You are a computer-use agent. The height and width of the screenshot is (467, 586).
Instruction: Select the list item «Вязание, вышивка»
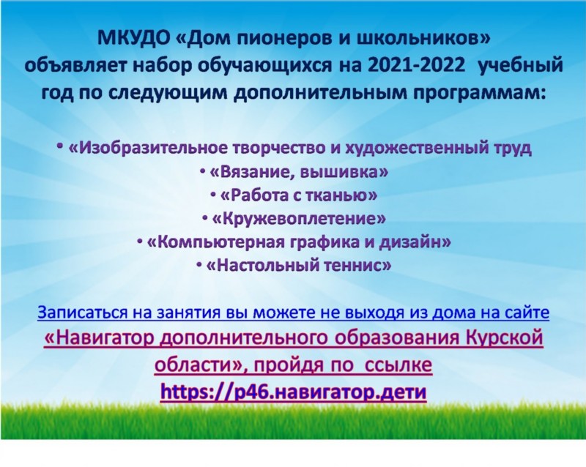pos(299,172)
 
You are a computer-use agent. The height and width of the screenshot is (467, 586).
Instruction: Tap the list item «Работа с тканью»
pos(299,195)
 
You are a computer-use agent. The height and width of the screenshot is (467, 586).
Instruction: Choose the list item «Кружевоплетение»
pos(299,219)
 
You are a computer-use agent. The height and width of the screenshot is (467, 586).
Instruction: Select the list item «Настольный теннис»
pos(299,266)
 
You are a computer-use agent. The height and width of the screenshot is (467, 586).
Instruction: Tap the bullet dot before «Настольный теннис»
pos(199,264)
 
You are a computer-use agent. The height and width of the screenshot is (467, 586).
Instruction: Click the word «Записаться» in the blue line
pos(83,313)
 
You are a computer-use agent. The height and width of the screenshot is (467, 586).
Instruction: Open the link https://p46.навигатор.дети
pos(294,392)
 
